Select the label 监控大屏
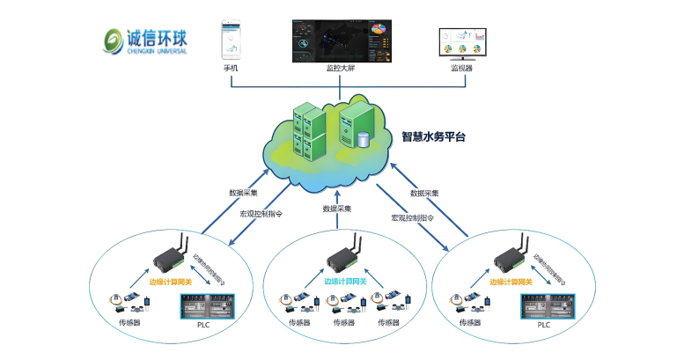pos(342,68)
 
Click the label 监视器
pos(461,68)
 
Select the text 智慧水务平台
pos(433,136)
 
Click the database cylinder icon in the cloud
pos(363,139)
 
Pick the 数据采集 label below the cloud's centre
pos(337,209)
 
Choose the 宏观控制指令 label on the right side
pos(413,217)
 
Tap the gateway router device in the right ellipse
pos(509,255)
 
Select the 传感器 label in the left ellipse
pos(130,323)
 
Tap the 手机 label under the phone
pos(231,68)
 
